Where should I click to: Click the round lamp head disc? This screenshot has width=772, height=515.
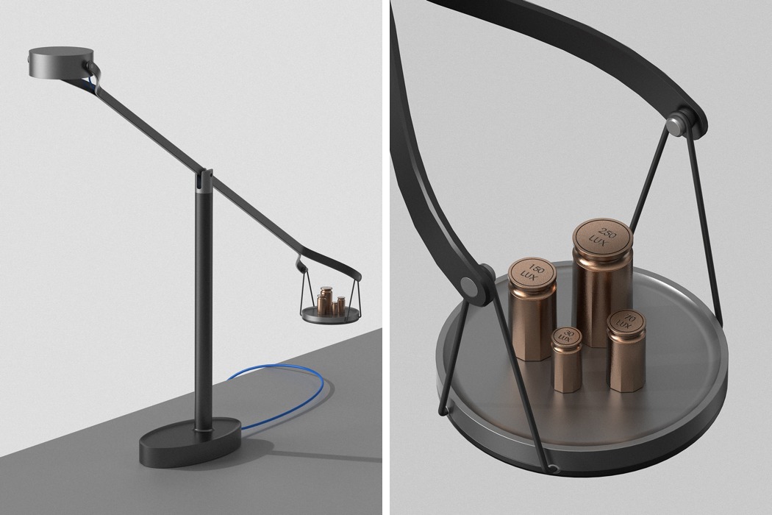61,62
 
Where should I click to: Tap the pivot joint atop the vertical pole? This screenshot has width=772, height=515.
204,180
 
